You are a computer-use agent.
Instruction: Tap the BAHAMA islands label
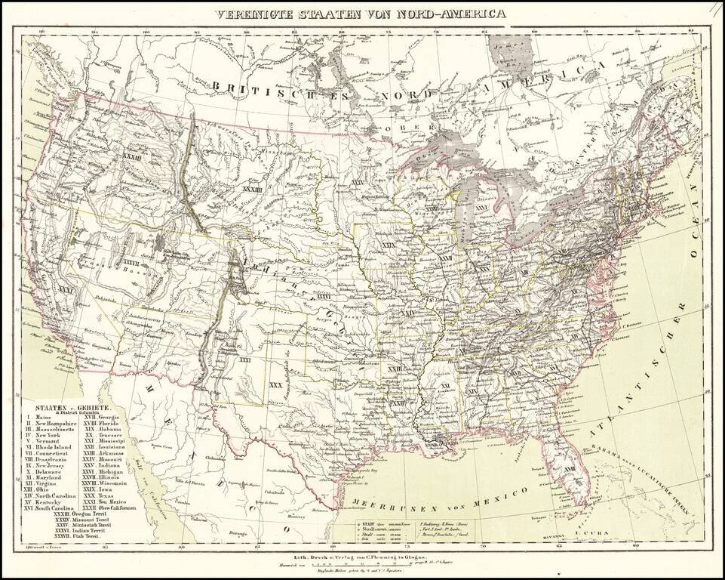[602, 459]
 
